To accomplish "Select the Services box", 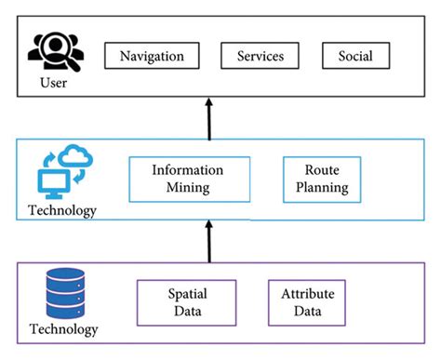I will [x=260, y=56].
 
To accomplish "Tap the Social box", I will [x=356, y=56].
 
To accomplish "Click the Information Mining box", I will [x=188, y=179].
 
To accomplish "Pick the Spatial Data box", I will [x=181, y=302].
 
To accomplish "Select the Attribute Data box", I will [x=307, y=302].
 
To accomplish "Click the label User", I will [x=54, y=84].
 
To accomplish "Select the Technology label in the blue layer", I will [x=62, y=210].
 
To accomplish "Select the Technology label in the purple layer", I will [x=64, y=329].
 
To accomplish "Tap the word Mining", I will [x=188, y=187].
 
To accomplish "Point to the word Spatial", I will [x=181, y=294].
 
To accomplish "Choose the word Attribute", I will [x=307, y=294].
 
